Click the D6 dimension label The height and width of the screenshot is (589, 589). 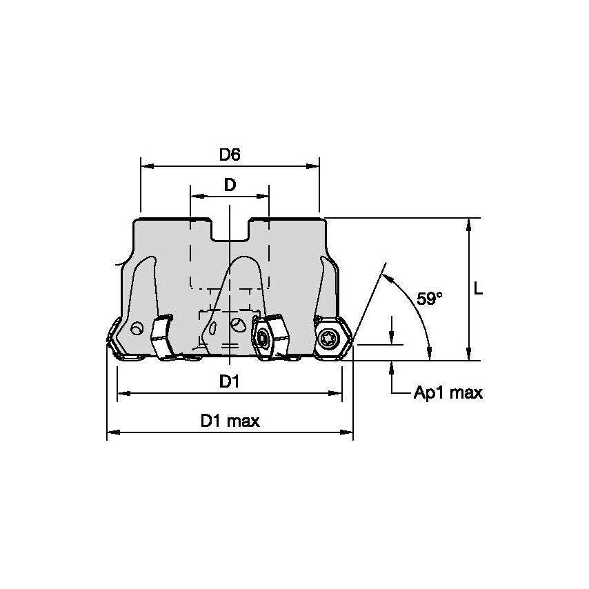[230, 155]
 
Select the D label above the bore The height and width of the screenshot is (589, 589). [230, 185]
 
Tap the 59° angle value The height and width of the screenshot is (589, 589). [429, 299]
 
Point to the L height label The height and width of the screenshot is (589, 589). [478, 290]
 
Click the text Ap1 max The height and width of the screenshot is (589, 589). [448, 393]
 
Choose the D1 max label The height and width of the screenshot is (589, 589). [230, 421]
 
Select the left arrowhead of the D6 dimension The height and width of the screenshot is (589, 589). [145, 166]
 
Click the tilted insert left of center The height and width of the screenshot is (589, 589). [163, 337]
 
